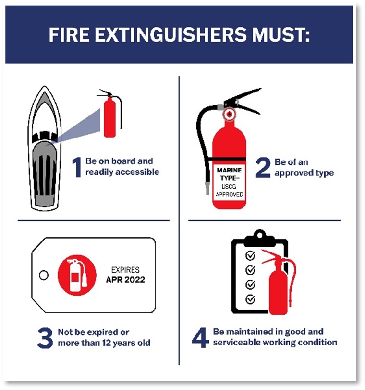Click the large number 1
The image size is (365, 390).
tap(77, 167)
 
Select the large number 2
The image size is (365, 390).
tap(263, 167)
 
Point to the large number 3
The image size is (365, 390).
tap(45, 337)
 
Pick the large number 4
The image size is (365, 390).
tap(200, 337)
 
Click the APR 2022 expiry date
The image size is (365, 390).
tap(125, 280)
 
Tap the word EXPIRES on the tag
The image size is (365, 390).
tap(125, 270)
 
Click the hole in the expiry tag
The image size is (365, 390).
tap(44, 275)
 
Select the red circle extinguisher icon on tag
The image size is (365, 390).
tap(77, 275)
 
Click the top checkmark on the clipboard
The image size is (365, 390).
tap(250, 255)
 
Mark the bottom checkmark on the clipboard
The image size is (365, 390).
tap(250, 299)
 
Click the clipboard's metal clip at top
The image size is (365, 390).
tap(259, 237)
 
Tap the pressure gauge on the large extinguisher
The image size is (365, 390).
tap(229, 115)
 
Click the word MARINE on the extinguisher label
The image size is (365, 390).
tap(229, 170)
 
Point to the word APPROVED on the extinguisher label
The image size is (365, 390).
tap(229, 195)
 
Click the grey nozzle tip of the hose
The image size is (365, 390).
tap(207, 188)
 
